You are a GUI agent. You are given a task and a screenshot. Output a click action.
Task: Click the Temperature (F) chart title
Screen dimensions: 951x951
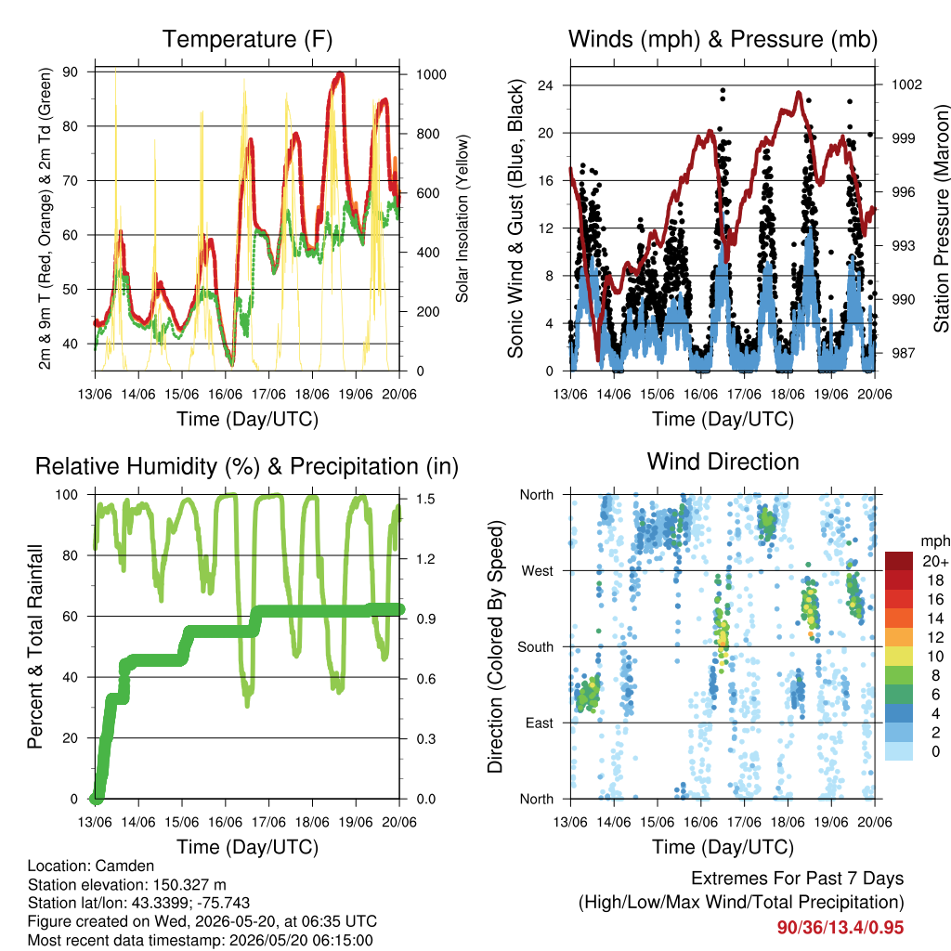tap(247, 39)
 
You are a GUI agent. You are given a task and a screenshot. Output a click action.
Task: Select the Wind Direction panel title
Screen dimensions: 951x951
tap(723, 462)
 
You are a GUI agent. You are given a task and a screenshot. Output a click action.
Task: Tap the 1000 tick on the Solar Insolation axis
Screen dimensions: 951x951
tap(431, 74)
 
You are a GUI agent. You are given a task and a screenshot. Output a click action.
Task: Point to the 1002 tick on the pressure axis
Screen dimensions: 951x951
tap(906, 85)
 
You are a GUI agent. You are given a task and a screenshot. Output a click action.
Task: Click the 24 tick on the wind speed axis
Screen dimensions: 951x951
tap(545, 85)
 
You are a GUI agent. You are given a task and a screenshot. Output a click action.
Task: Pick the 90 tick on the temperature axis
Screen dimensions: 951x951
tap(71, 72)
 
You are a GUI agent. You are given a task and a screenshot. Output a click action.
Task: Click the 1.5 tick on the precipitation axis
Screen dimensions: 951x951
tap(425, 499)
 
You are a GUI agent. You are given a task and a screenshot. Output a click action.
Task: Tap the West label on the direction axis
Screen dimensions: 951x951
tap(538, 571)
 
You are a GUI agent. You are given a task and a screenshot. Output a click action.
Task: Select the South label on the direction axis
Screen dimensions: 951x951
tap(536, 647)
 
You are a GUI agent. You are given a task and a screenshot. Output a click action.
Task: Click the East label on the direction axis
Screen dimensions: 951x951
tap(540, 723)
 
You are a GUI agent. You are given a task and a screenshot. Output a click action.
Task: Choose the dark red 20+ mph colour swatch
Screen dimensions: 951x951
tap(899, 561)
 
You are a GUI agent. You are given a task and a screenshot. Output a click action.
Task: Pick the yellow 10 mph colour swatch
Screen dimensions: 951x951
tap(899, 657)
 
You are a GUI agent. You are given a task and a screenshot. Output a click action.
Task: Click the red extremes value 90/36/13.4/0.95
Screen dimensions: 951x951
tap(840, 928)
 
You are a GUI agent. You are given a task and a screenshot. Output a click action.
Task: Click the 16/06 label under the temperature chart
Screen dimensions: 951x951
tap(225, 394)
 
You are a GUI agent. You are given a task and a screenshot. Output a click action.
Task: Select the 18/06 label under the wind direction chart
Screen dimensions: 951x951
tap(788, 822)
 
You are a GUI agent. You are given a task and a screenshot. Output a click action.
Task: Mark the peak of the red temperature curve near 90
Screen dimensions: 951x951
tap(340, 74)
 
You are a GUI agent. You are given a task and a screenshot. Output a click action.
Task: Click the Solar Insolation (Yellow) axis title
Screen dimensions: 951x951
tap(462, 218)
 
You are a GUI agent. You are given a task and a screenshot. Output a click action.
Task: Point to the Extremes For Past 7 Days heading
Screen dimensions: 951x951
tap(798, 879)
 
